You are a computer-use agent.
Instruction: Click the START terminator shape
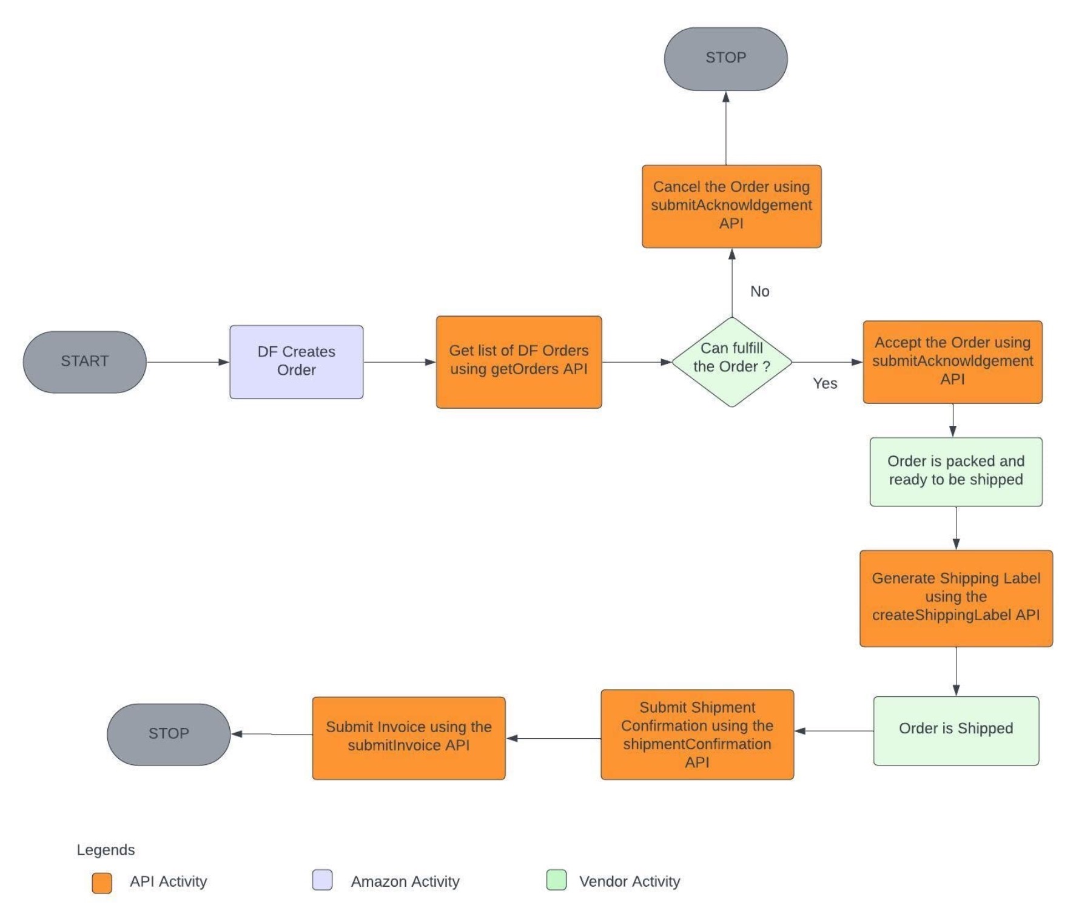(x=84, y=362)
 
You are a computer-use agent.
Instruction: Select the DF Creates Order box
(x=296, y=362)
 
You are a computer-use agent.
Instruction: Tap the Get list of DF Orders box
(x=519, y=362)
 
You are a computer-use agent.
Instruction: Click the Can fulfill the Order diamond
(x=731, y=362)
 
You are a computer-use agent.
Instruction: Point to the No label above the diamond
(x=759, y=291)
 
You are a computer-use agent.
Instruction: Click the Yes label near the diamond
(x=825, y=383)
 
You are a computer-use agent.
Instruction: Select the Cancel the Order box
(x=731, y=206)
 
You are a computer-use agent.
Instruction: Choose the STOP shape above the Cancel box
(x=725, y=59)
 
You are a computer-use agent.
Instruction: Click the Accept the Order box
(x=952, y=362)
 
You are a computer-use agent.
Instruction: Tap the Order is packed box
(x=956, y=471)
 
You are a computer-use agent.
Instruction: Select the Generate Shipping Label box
(x=956, y=598)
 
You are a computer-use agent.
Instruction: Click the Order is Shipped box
(x=956, y=730)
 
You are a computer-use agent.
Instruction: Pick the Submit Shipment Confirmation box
(x=697, y=734)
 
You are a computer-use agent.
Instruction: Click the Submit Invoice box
(x=408, y=738)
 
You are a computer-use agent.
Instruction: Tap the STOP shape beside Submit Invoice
(x=169, y=734)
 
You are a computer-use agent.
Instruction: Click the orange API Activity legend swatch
(x=102, y=883)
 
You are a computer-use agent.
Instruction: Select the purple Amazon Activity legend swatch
(x=322, y=880)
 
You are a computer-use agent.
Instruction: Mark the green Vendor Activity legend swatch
(x=556, y=880)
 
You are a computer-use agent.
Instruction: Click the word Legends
(x=106, y=850)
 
